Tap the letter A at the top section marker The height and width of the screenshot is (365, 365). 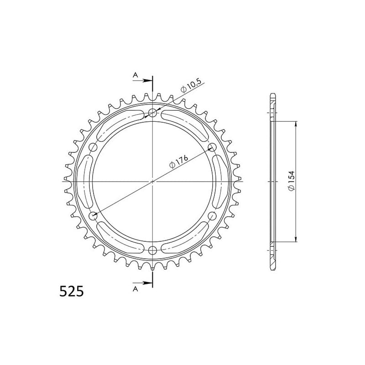pos(135,75)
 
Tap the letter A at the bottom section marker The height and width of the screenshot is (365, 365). pos(135,288)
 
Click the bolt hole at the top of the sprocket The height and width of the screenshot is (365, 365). pos(153,113)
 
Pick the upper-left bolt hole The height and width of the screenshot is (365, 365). pos(94,147)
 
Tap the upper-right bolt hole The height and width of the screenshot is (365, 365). pos(212,147)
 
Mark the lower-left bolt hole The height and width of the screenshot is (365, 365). pos(94,216)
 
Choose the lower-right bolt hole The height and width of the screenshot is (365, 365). pos(212,216)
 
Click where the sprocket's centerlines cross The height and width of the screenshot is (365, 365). pos(153,182)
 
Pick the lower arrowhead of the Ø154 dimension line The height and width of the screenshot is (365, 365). pos(297,238)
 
